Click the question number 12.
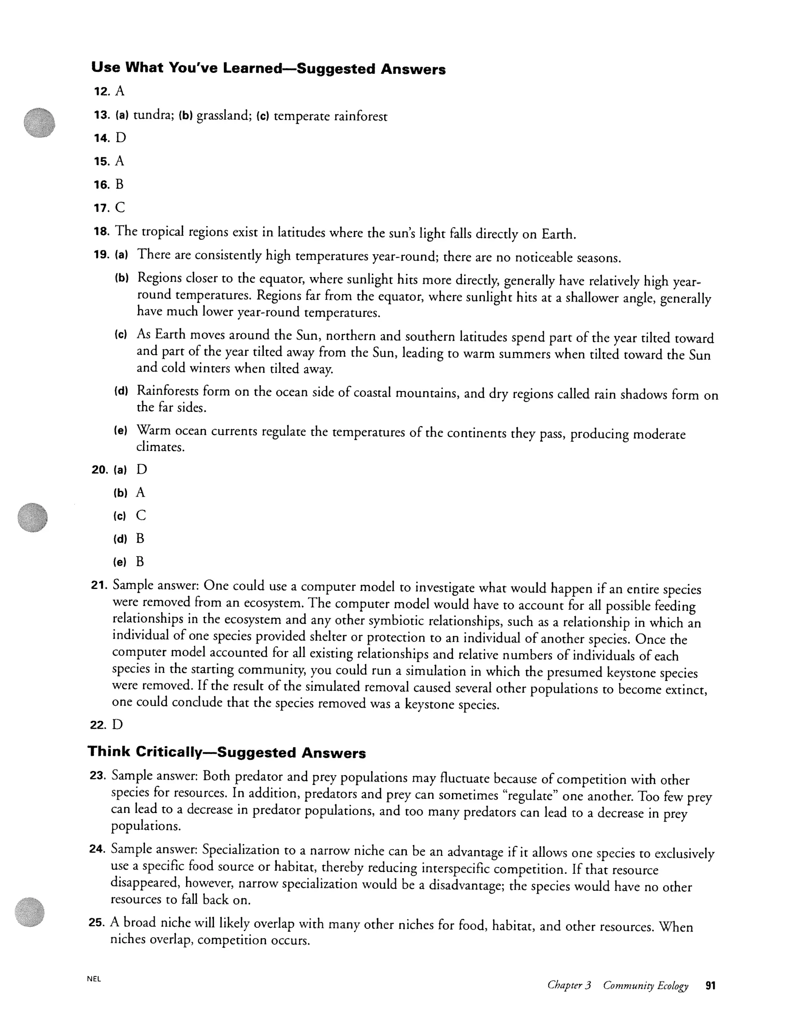point(101,92)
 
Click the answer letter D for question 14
point(121,138)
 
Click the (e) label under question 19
point(121,431)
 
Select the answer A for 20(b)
point(140,493)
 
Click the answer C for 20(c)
point(140,515)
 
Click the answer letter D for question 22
point(117,725)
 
